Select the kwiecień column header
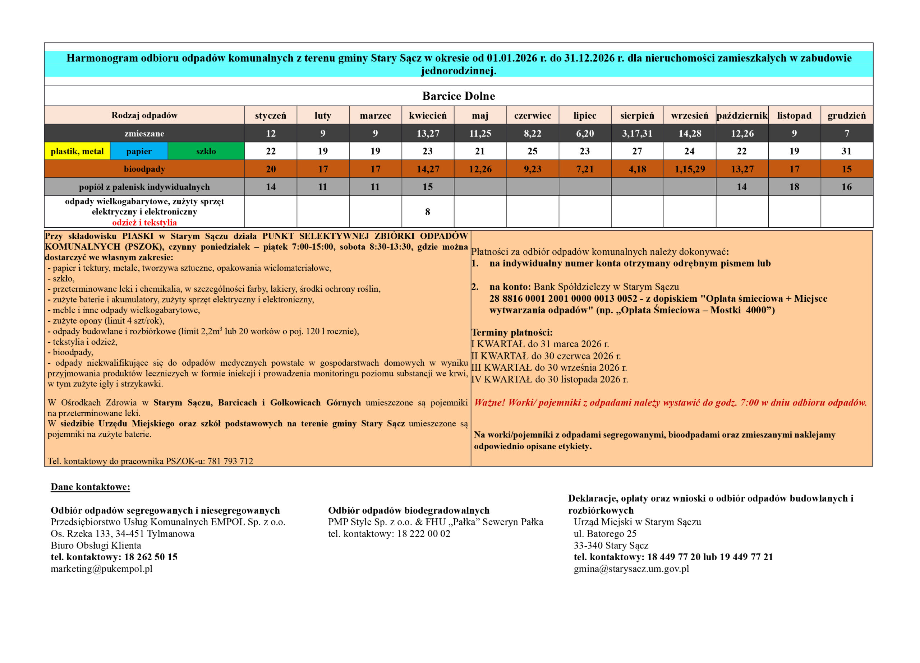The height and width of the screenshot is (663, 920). tap(428, 116)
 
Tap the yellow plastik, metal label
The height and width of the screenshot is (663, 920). tap(77, 151)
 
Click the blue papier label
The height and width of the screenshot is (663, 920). tap(139, 151)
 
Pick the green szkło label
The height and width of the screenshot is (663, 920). tap(206, 151)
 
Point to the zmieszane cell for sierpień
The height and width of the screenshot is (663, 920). tap(637, 133)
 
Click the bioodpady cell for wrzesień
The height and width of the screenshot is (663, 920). tap(690, 169)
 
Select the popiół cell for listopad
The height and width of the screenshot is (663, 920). tap(794, 187)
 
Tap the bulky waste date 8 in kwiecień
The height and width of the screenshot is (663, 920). tap(428, 212)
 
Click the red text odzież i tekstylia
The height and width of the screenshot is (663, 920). tap(144, 222)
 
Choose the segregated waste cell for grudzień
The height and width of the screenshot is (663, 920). tap(846, 151)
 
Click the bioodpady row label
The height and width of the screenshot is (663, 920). tap(144, 169)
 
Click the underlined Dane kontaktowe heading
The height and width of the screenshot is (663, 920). tap(91, 487)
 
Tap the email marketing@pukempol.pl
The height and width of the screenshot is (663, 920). tap(101, 569)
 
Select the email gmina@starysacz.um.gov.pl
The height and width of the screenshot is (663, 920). tap(631, 569)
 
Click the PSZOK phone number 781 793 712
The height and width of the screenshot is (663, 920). tap(230, 461)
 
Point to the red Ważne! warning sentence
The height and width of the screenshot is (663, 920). tap(670, 402)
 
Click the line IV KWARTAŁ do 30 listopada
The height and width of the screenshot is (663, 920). tap(549, 379)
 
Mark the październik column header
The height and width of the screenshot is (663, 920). tap(742, 116)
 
